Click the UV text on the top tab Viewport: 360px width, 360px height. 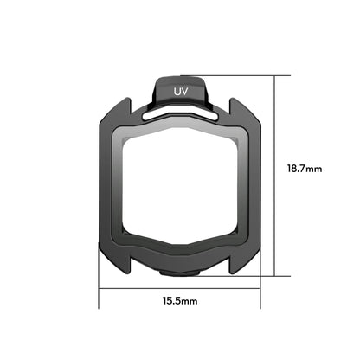click(x=182, y=90)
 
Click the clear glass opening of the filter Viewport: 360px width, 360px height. click(x=180, y=186)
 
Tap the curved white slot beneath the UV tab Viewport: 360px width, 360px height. click(x=180, y=112)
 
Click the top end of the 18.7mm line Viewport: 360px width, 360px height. click(x=275, y=76)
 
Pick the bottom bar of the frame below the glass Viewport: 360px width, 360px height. click(x=180, y=255)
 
